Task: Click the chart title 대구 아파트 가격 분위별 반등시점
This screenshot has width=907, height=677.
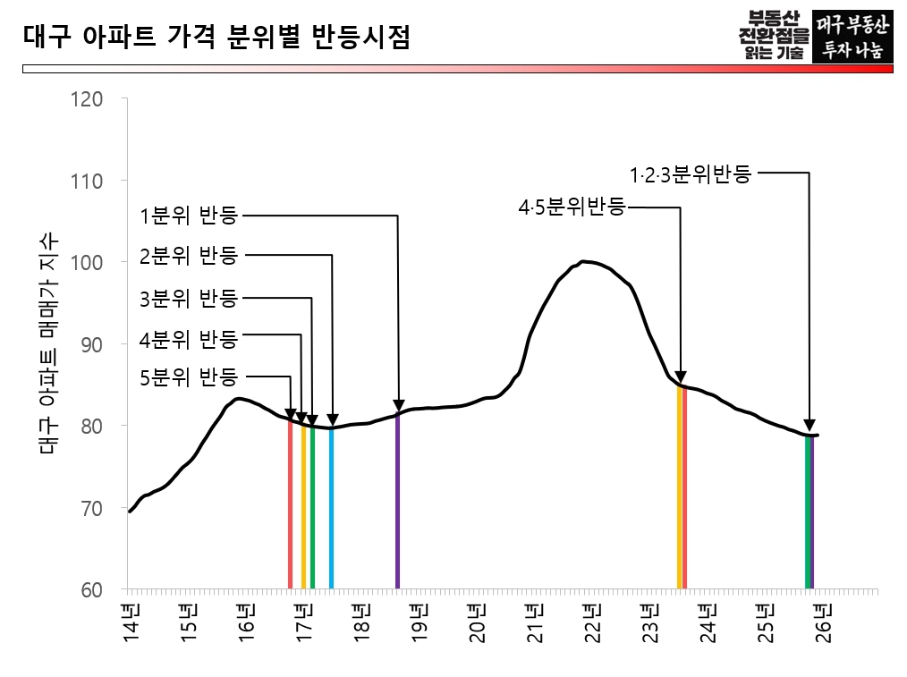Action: tap(215, 38)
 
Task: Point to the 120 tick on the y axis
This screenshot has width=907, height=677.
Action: tap(89, 99)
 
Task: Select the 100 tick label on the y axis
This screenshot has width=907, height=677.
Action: tap(89, 263)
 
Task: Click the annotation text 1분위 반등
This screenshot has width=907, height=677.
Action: tap(188, 216)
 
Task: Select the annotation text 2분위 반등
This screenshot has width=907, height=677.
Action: tap(188, 256)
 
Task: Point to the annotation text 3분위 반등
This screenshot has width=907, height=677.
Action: tap(188, 298)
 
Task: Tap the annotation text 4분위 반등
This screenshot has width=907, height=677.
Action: tap(188, 339)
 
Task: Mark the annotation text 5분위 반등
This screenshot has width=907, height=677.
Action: tap(188, 377)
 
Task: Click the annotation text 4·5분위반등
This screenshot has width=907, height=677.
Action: tap(572, 207)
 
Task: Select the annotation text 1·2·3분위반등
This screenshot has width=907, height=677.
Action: tap(690, 173)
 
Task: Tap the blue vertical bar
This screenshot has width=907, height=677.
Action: tap(331, 510)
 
